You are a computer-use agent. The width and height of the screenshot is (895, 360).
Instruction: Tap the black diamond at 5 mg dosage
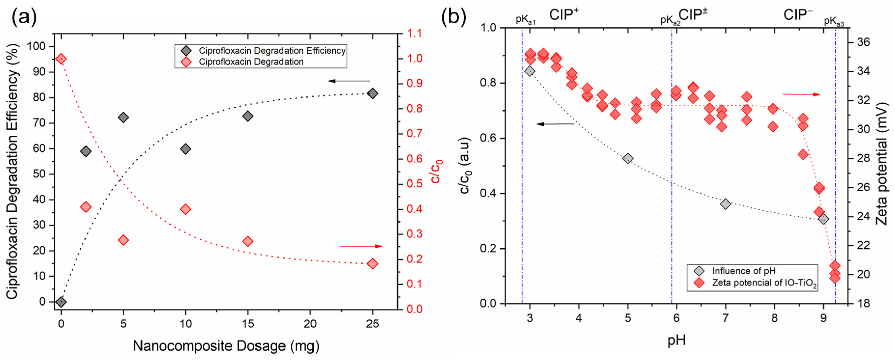coord(123,117)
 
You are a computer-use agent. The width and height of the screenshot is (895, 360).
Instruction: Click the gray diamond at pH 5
coord(628,159)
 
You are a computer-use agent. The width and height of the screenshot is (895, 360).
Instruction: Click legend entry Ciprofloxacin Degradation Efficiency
coord(272,51)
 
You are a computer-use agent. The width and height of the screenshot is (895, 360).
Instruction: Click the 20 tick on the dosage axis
coord(310,324)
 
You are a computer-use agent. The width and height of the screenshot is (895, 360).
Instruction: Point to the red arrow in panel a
coord(361,246)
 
